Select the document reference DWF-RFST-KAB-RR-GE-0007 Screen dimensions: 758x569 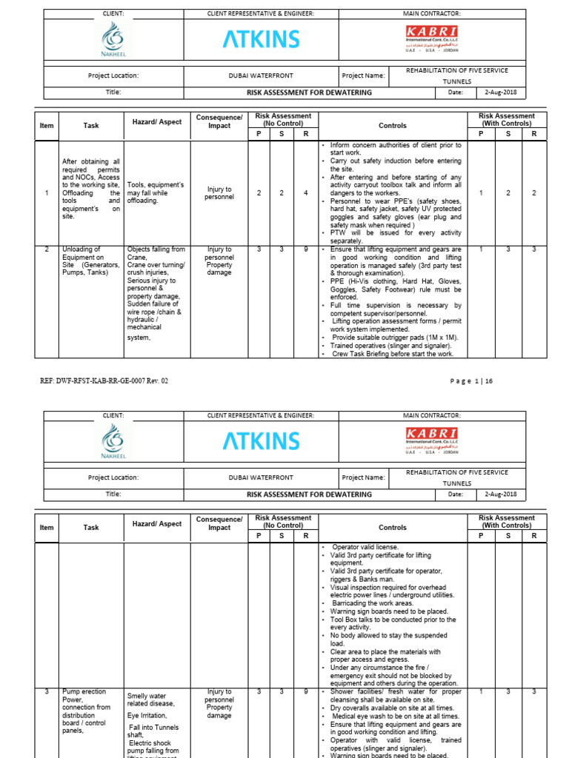click(103, 380)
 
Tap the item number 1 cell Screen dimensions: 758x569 click(47, 193)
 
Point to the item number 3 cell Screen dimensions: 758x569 click(47, 691)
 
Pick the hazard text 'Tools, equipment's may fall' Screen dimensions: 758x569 click(156, 192)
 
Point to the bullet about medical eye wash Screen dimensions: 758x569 click(393, 716)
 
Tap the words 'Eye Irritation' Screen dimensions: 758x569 click(147, 716)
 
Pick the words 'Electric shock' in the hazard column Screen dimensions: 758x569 click(150, 742)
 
